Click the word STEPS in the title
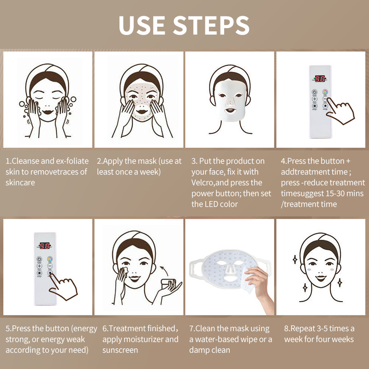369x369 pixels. pos(211,25)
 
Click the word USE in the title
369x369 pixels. pos(142,25)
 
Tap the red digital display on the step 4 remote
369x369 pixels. pos(320,78)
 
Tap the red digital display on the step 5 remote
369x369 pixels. pos(44,246)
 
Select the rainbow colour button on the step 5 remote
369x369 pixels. pos(50,259)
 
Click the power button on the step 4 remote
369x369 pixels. pos(315,92)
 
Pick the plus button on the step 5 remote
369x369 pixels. pos(39,266)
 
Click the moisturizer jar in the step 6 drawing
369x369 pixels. pos(168,282)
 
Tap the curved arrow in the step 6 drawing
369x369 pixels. pos(164,270)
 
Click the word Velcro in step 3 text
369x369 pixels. pos(202,183)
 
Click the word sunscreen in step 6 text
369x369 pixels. pos(120,350)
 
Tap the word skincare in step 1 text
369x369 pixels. pos(20,183)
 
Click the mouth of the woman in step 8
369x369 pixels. pos(321,278)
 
